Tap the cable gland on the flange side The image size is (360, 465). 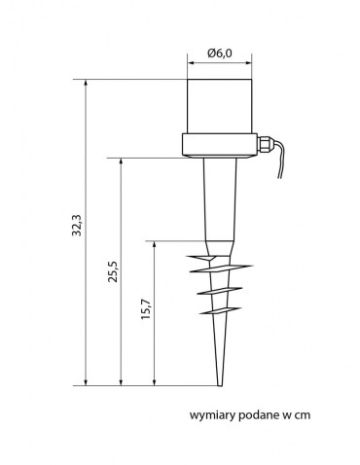point(265,145)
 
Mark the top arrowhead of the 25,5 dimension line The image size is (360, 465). point(122,161)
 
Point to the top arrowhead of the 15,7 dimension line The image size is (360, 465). point(155,243)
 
